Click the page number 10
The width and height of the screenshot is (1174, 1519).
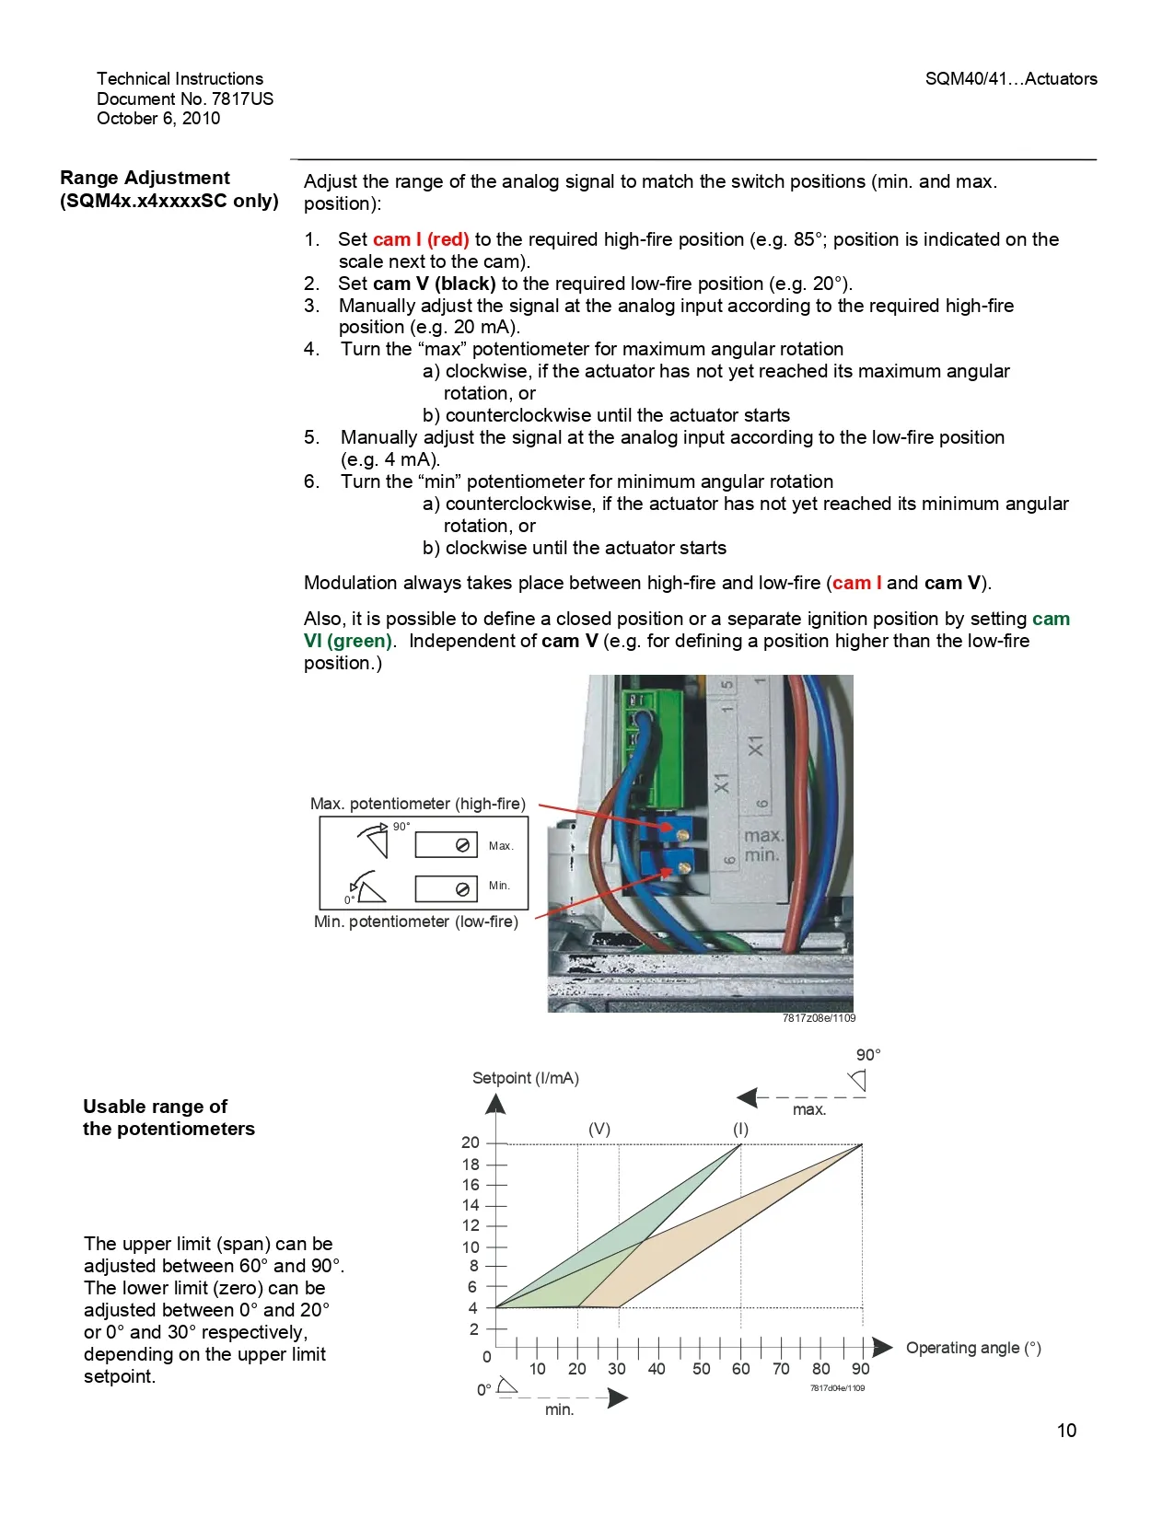point(1066,1431)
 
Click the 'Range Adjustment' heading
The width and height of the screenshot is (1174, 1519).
point(145,178)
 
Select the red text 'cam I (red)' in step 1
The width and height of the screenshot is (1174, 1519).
point(421,239)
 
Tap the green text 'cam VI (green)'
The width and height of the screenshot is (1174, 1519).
point(348,641)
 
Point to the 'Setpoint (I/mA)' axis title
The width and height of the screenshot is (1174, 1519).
point(525,1078)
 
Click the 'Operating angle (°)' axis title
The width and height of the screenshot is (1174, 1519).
point(973,1348)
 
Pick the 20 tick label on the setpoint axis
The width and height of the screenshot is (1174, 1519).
point(471,1142)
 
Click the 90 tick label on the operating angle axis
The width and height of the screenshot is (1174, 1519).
point(861,1369)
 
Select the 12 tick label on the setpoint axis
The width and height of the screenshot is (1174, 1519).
point(471,1225)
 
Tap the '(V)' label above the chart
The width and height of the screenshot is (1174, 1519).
point(599,1129)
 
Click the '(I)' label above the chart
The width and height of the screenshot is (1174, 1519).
point(740,1129)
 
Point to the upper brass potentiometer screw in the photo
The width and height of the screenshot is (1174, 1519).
point(682,833)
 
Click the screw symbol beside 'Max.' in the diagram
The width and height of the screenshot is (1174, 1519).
point(462,845)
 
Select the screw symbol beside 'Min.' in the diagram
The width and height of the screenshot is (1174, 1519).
point(462,888)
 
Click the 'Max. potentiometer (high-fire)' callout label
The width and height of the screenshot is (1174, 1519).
point(418,804)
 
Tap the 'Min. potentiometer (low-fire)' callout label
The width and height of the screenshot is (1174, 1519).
point(416,922)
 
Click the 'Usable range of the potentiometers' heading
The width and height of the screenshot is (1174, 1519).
point(169,1118)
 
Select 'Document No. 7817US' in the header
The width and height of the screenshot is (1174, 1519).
point(185,99)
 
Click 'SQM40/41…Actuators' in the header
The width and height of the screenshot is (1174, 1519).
point(1011,79)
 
